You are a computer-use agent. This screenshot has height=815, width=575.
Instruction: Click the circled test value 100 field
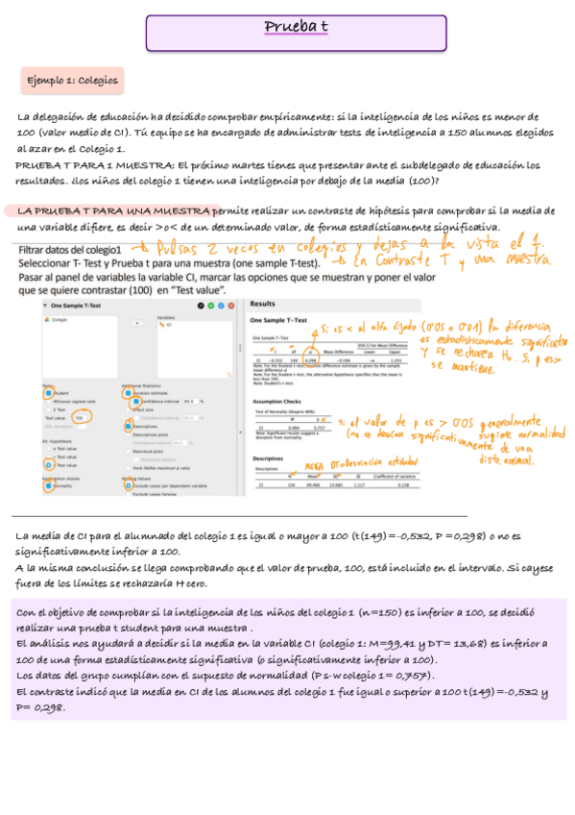81,419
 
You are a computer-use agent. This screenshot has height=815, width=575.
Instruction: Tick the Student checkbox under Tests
48,392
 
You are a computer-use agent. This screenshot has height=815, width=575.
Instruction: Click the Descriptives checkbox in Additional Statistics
127,426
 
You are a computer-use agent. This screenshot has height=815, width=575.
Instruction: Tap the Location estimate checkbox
127,392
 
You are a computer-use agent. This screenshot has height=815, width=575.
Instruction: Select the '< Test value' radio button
48,464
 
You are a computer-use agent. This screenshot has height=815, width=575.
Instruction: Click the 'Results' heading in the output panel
263,302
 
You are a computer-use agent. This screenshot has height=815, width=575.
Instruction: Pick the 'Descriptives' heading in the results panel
269,458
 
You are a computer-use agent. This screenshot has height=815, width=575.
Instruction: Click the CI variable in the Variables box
169,325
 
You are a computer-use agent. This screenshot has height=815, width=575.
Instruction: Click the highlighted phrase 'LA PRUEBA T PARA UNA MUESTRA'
113,210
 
